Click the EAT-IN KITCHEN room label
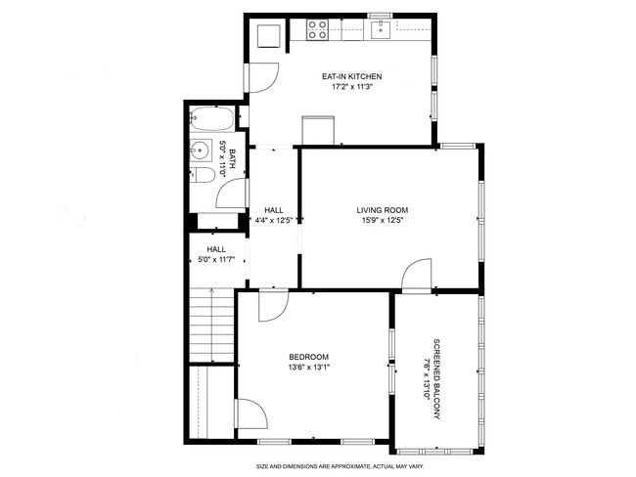(x=351, y=76)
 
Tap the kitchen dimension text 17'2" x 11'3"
(x=351, y=86)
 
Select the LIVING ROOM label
(x=383, y=210)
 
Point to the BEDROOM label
(x=308, y=357)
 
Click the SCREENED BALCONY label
(x=436, y=379)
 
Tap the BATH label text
(x=233, y=158)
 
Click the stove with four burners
(x=317, y=30)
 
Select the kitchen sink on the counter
(x=381, y=30)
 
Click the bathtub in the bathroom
(x=211, y=118)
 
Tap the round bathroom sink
(x=201, y=150)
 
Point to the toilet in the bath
(x=202, y=175)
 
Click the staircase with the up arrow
(x=211, y=325)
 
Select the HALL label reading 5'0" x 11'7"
(x=216, y=254)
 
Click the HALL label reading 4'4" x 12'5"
(x=274, y=215)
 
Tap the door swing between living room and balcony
(x=417, y=275)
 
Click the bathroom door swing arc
(x=232, y=194)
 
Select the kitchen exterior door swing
(x=263, y=78)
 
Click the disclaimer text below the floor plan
(x=340, y=466)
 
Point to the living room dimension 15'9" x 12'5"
(x=383, y=221)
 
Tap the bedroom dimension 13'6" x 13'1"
(x=308, y=368)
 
